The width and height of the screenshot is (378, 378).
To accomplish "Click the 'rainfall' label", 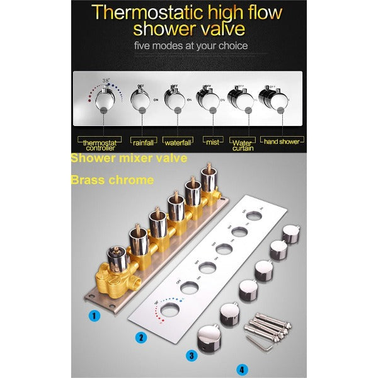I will click(x=144, y=141).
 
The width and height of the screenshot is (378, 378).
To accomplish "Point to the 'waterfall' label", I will click(x=178, y=141).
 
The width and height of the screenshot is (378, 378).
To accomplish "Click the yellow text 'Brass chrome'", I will click(x=112, y=180).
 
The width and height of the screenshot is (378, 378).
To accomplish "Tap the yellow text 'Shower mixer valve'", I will click(x=129, y=159).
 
